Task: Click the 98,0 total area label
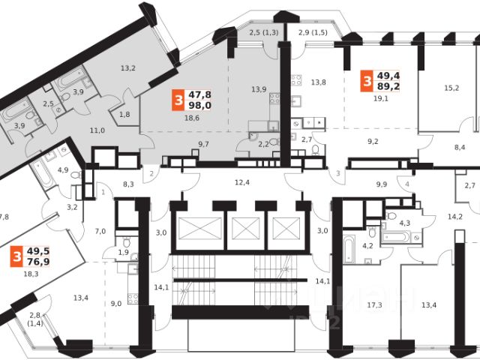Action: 198,106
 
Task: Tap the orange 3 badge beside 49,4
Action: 367,80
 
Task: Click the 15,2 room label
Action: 451,88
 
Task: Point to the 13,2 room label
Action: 129,69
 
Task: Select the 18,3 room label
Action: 31,275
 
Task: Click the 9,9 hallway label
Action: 382,184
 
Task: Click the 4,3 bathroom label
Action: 403,222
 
